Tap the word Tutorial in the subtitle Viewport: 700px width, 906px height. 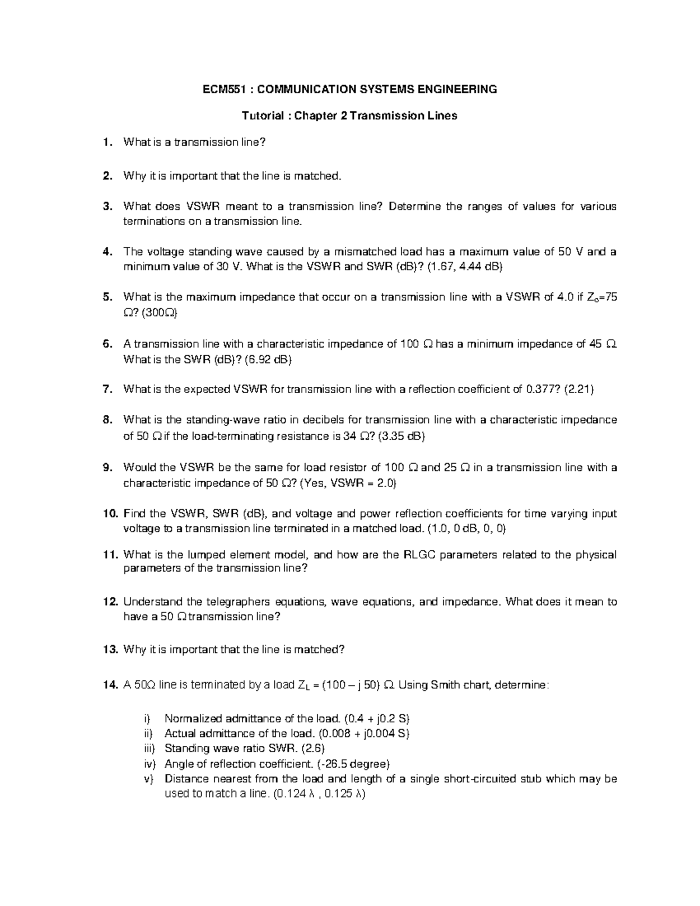262,116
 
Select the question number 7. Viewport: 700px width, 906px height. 107,390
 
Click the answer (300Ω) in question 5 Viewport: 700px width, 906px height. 157,313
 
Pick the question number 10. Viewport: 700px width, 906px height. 110,514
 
